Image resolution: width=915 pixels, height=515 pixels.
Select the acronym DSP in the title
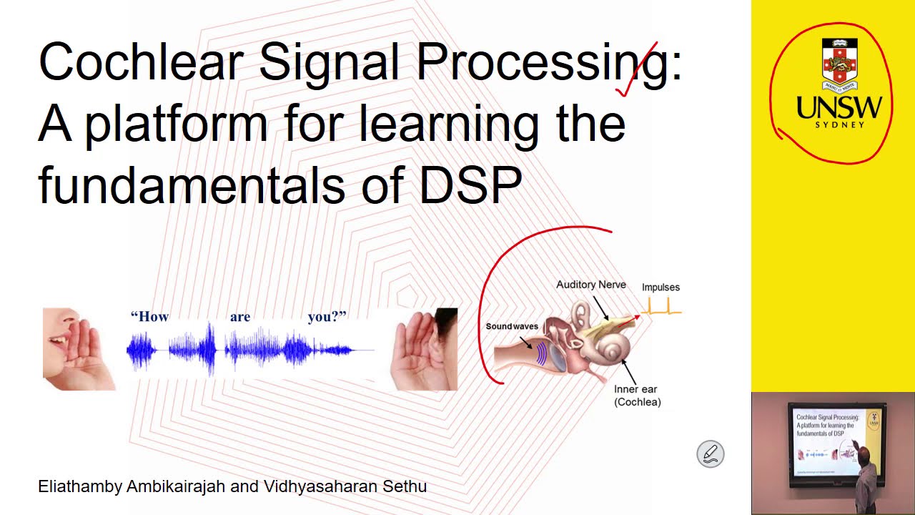point(470,185)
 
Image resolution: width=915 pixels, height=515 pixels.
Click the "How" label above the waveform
point(149,317)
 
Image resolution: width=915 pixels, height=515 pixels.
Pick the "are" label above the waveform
point(240,317)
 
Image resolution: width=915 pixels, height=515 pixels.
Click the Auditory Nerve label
point(590,285)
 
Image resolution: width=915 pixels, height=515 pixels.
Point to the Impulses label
point(661,288)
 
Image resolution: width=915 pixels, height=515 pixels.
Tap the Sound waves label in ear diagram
point(512,326)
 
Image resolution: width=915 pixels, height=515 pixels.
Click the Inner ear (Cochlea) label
point(636,396)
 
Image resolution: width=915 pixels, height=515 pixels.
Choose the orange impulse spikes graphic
point(661,308)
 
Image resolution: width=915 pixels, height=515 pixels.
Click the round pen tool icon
point(711,454)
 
